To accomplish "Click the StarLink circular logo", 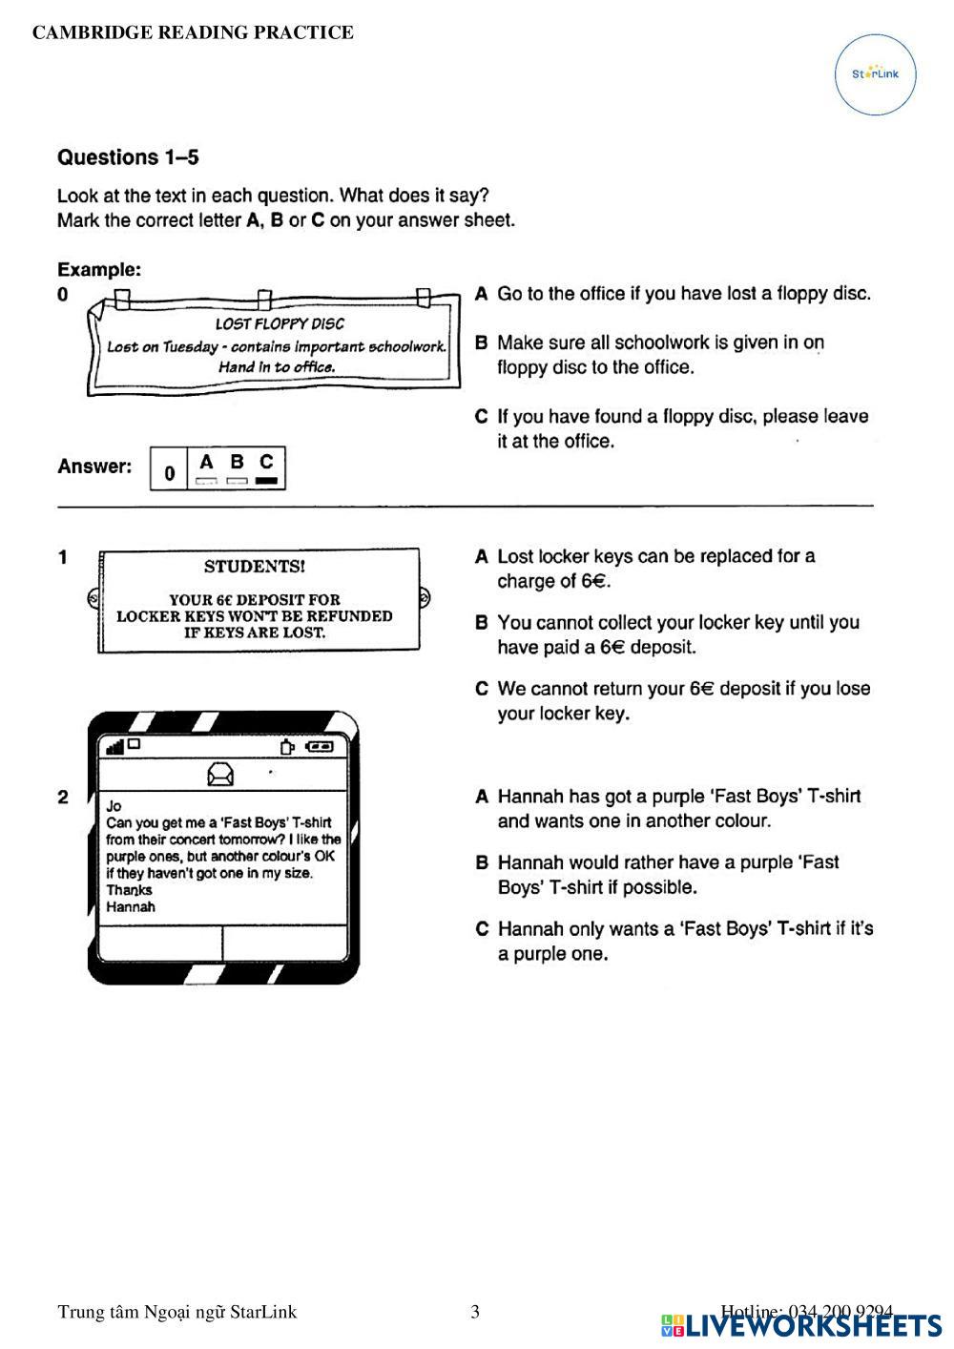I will [875, 74].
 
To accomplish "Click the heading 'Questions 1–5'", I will [128, 157].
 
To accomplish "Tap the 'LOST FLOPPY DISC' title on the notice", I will [280, 324].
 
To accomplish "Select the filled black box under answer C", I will [266, 481].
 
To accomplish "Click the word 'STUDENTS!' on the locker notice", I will [255, 567].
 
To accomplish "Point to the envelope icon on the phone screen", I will [221, 774].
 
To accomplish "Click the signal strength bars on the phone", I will [115, 747].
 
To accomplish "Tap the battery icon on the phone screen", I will [321, 746].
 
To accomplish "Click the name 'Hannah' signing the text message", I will [131, 907].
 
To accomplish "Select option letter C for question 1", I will [482, 689].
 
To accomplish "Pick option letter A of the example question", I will [482, 294].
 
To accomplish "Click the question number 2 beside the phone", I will [63, 797].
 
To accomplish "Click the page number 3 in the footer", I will [475, 1312].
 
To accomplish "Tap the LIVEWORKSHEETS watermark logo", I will [801, 1325].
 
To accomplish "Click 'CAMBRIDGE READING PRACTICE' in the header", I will [193, 32].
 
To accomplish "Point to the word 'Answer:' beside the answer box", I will [94, 467].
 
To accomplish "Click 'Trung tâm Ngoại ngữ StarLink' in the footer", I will [176, 1312].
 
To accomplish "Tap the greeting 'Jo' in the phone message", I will [114, 806].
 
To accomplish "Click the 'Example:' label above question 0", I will [99, 270].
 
